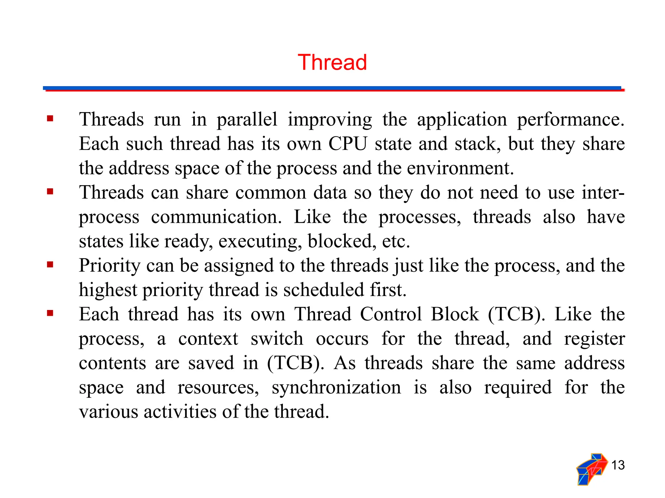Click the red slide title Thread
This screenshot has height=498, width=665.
pos(332,62)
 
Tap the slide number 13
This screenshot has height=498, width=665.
pos(618,465)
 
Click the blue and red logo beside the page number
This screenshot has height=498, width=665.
pos(592,469)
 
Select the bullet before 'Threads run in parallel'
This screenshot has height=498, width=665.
pos(50,118)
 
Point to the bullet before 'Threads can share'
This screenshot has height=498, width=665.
pos(50,192)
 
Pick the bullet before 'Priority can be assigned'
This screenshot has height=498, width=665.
pos(50,265)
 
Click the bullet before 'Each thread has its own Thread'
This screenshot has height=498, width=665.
pos(50,313)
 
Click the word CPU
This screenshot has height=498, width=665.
pos(348,144)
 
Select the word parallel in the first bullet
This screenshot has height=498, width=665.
pos(247,120)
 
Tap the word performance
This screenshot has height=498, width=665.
pos(571,120)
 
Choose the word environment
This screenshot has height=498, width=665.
pos(460,168)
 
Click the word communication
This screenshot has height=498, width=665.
pos(216,217)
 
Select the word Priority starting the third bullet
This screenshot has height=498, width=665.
pos(109,266)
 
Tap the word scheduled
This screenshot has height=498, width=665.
pos(323,290)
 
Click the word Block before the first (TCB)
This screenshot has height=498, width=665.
pos(455,314)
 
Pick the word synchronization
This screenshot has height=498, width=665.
pos(336,387)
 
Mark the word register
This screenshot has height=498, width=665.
pos(594,339)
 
